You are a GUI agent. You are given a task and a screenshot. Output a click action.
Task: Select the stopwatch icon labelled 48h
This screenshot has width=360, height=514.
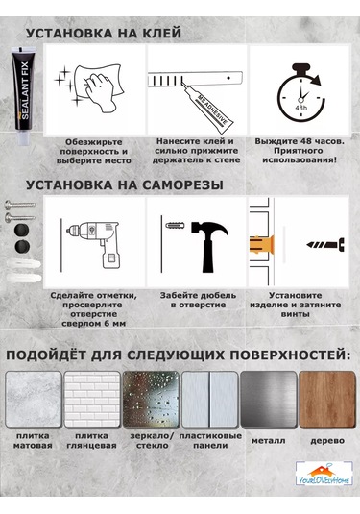click(x=300, y=92)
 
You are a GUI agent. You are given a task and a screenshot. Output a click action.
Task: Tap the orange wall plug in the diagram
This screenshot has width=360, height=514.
click(x=262, y=245)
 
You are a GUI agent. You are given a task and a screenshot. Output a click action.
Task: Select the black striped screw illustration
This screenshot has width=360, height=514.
click(x=325, y=245)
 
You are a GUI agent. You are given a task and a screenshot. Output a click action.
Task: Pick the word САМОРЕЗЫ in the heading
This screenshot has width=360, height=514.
click(x=182, y=185)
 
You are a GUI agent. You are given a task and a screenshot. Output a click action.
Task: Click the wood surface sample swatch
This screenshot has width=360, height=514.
click(x=327, y=400)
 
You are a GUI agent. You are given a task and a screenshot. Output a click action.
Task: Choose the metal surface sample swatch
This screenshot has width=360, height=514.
click(x=269, y=400)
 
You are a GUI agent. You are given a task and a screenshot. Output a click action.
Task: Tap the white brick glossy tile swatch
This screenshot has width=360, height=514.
click(x=92, y=400)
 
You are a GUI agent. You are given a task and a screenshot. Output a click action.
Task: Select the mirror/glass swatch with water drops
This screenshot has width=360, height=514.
click(x=151, y=400)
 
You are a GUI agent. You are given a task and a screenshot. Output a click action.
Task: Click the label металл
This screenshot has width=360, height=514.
click(x=268, y=441)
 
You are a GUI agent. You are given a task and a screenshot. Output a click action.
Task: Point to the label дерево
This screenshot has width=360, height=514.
click(x=327, y=441)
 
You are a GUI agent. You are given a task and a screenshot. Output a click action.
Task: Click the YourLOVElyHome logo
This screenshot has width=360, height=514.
click(x=324, y=474)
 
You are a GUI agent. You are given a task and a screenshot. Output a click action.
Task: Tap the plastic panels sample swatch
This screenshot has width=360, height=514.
click(x=210, y=400)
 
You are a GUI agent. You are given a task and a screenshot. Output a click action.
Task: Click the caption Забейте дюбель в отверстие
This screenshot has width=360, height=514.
click(x=198, y=300)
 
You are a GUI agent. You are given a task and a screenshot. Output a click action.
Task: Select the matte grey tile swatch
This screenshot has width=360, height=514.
click(x=34, y=400)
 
